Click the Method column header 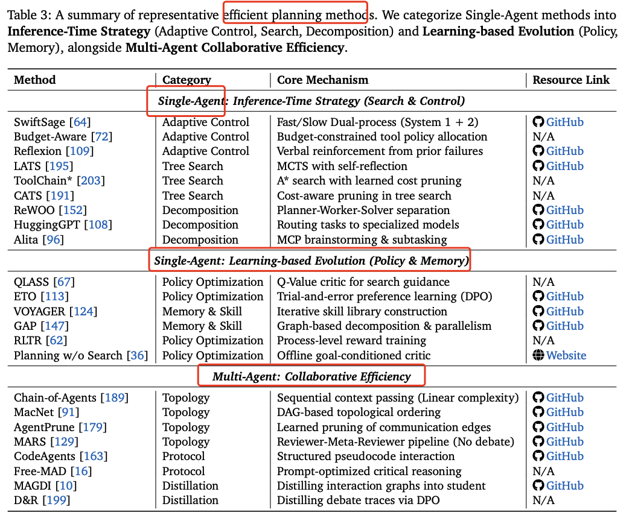pos(35,80)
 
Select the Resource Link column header pos(571,80)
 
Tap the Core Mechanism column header pos(322,80)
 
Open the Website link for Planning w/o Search pos(566,355)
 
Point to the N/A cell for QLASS pos(543,282)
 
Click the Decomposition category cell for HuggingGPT pos(200,225)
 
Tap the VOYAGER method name pos(40,311)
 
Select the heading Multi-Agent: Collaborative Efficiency pos(311,377)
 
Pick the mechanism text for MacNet pos(359,412)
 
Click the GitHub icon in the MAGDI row pos(538,485)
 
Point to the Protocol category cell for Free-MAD pos(184,471)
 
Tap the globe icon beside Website pos(538,355)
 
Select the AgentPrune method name pos(44,427)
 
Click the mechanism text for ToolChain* pos(369,180)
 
